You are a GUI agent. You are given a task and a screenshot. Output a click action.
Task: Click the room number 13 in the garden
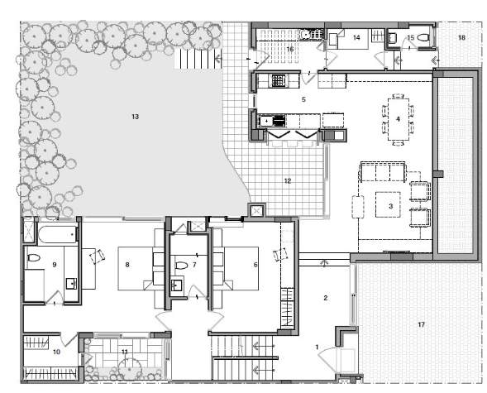pos(135,117)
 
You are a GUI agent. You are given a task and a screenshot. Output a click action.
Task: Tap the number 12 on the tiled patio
pos(288,180)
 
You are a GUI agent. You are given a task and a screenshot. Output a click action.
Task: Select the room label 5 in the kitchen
pos(303,99)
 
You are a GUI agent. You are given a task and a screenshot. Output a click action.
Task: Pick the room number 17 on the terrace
pos(421,324)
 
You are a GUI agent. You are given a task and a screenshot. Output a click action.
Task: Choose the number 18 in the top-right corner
pos(461,38)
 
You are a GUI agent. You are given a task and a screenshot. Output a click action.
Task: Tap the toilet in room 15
pos(421,37)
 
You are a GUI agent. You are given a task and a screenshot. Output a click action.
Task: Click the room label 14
pos(357,38)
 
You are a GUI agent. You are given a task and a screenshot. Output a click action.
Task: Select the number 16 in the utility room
pos(290,50)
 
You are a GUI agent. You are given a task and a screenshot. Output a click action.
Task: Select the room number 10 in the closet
pos(57,352)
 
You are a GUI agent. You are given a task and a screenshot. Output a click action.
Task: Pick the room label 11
pos(125,352)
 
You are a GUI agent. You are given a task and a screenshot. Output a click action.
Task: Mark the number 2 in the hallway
pos(326,298)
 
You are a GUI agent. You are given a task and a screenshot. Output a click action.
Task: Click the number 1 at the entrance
pos(316,347)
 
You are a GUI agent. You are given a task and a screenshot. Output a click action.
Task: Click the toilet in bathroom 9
pos(34,259)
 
